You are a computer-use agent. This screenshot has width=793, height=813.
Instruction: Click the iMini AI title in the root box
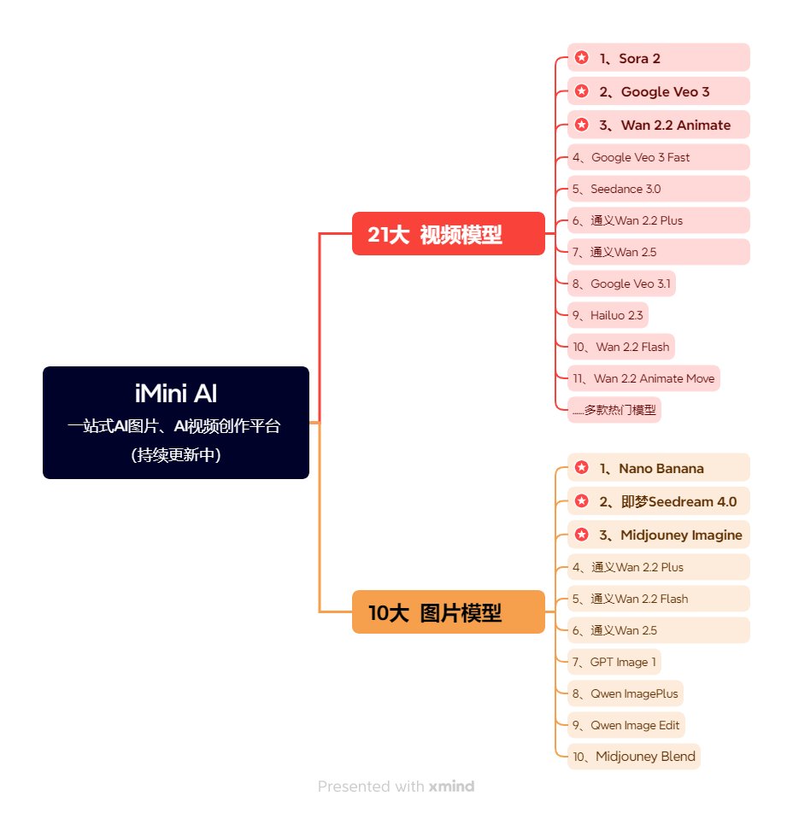point(176,393)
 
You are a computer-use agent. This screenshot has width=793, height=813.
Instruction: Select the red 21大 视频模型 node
point(449,234)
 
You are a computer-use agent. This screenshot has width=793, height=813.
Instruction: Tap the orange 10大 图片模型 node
point(449,611)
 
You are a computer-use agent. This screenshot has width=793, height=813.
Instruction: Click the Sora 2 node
point(659,57)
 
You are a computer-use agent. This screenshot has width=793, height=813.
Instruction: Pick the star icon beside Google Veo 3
point(582,91)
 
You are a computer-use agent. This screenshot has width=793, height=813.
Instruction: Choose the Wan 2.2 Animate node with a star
point(659,125)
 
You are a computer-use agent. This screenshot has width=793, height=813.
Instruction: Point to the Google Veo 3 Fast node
point(659,157)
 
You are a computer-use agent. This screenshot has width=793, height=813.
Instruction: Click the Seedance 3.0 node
point(659,189)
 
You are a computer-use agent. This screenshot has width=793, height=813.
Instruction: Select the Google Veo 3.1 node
point(621,284)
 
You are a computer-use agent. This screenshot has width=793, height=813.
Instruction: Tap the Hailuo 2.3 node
point(608,315)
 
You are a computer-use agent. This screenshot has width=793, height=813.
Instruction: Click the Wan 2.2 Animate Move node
point(643,378)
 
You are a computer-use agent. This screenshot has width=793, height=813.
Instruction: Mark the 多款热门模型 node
point(614,410)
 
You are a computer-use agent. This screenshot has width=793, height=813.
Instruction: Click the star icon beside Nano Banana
point(582,468)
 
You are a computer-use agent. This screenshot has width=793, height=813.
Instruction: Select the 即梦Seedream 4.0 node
point(659,501)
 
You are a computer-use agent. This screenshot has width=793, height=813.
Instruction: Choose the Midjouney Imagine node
point(659,535)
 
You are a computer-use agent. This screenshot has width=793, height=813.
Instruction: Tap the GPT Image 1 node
point(614,662)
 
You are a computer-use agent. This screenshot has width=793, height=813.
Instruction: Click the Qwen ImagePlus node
point(626,693)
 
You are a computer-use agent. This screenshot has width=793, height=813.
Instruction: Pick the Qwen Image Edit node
point(626,725)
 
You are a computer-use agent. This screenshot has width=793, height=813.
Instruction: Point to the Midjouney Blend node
point(634,757)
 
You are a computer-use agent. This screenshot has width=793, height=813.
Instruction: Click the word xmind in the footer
point(451,787)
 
